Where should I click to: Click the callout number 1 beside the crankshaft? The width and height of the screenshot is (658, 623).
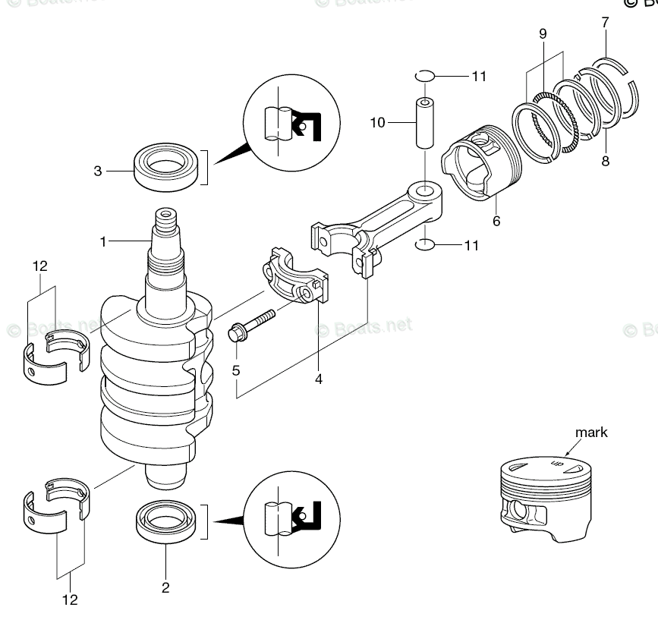click(103, 241)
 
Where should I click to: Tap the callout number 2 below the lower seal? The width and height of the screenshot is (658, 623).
click(165, 587)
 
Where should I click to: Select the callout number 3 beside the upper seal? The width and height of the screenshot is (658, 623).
click(98, 171)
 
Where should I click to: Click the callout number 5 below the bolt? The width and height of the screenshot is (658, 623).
click(236, 371)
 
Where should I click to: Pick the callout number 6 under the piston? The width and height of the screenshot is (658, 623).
click(496, 222)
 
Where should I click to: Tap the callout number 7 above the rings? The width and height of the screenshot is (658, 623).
click(605, 23)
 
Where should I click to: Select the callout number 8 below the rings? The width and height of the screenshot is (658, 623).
click(605, 160)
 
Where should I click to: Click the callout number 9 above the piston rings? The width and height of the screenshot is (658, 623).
click(543, 33)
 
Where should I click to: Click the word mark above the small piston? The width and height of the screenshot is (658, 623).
click(591, 433)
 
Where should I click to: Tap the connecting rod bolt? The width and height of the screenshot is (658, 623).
click(250, 324)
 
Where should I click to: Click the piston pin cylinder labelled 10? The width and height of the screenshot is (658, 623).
click(424, 122)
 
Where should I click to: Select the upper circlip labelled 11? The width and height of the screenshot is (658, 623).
click(424, 76)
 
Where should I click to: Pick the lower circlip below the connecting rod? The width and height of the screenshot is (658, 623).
click(424, 245)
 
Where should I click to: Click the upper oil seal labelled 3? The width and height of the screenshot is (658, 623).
click(165, 166)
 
